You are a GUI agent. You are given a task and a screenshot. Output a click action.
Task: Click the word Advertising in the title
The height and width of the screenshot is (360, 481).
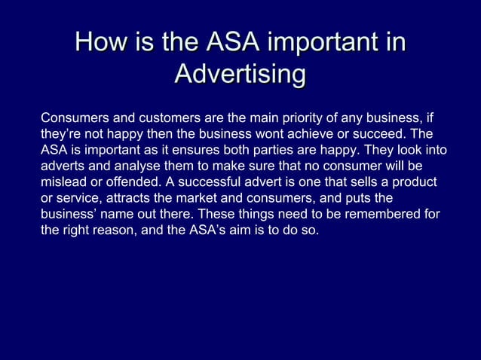pos(240,75)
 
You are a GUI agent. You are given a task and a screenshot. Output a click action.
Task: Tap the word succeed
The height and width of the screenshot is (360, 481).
pos(377,134)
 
